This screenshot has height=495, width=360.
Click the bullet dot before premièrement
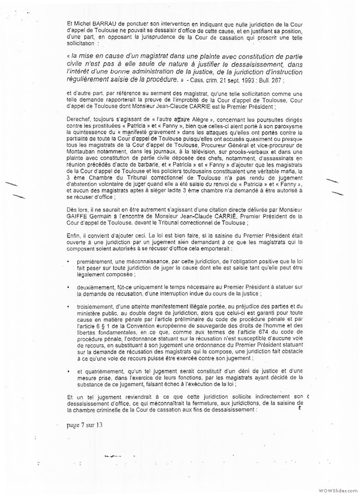pos(67,261)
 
